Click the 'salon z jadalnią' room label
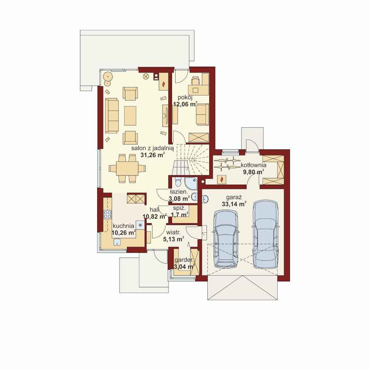point(152,149)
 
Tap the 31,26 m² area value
point(152,155)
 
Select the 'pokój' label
point(185,98)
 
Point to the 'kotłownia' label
point(254,165)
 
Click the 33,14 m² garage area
point(234,204)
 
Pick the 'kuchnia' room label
point(123,226)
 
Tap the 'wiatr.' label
point(173,233)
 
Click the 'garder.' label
point(184,260)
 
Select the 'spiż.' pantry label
point(181,209)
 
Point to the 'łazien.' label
point(179,192)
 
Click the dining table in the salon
point(127,169)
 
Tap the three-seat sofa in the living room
point(112,116)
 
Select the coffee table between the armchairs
point(130,116)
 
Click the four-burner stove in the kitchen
point(108,214)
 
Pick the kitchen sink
point(117,242)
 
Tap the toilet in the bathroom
point(178,182)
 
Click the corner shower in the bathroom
point(191,183)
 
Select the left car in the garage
point(226,239)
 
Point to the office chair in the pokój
point(195,80)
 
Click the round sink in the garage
point(205,199)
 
